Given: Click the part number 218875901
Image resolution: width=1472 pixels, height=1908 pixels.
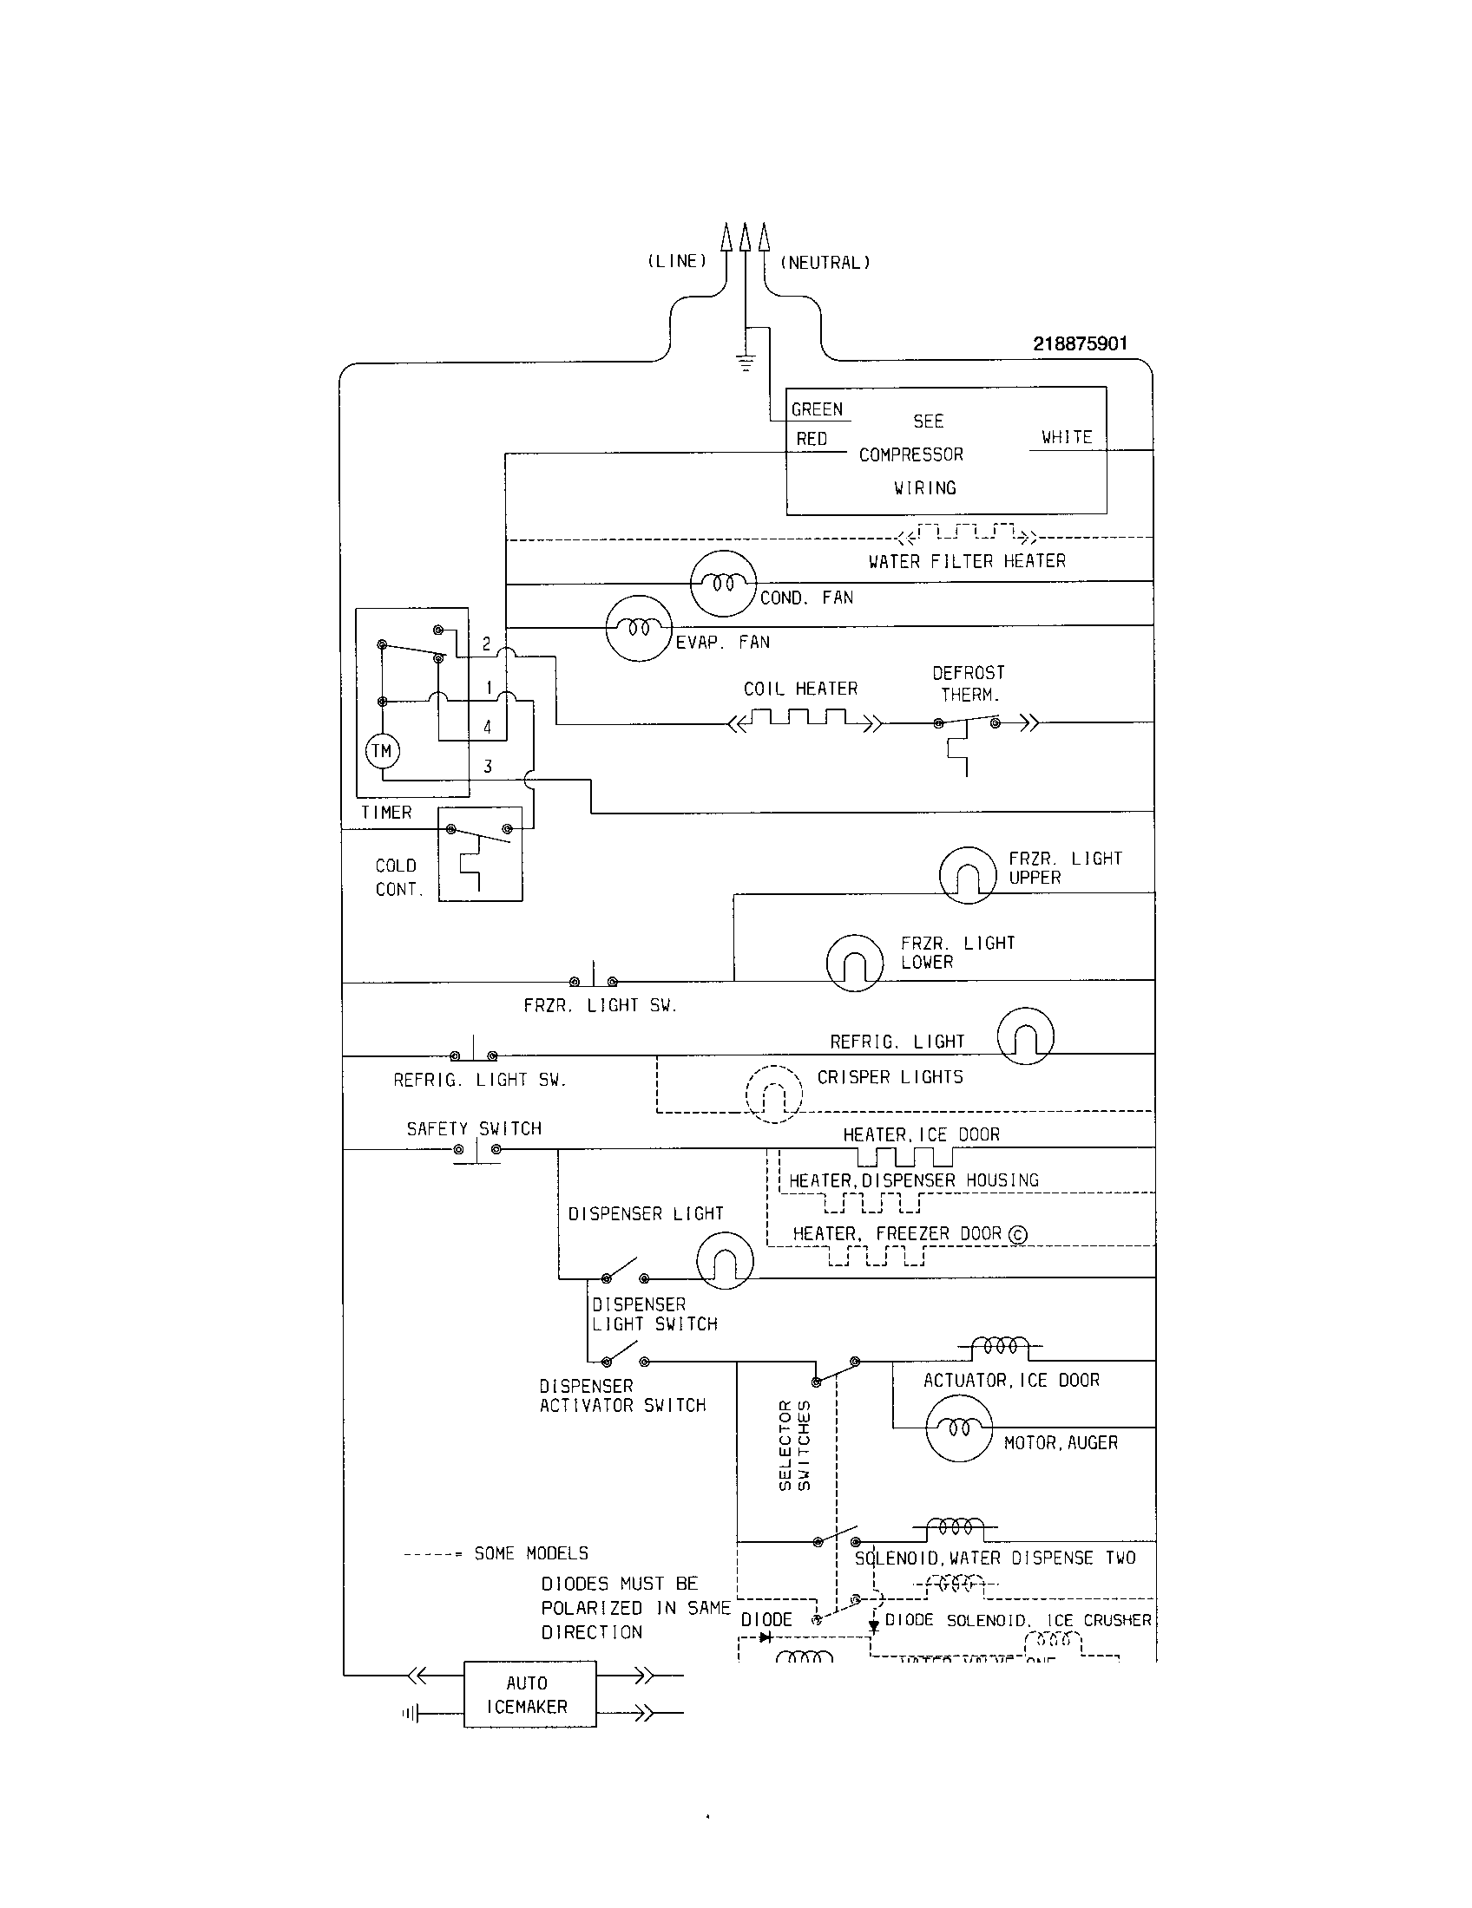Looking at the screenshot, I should (1080, 343).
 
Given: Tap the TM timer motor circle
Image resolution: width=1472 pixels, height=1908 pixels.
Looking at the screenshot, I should (382, 750).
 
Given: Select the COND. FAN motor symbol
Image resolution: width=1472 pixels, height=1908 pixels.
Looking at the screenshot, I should (723, 583).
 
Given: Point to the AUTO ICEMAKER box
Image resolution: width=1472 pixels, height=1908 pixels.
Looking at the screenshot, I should (529, 1694).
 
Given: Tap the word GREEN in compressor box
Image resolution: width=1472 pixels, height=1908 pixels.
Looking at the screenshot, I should (817, 408).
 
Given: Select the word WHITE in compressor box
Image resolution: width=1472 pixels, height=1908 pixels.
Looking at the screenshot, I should (1067, 437).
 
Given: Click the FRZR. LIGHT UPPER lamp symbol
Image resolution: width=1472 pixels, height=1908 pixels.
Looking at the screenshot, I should (968, 874).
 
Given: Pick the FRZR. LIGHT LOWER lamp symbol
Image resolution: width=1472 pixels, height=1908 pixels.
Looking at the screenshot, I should (854, 962).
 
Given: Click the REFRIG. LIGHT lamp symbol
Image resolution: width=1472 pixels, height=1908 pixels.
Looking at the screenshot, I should (1025, 1036).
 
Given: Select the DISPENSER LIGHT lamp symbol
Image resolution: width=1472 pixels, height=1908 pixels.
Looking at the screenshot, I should (725, 1260).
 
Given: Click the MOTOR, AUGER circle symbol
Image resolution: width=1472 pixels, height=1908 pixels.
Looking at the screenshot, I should (959, 1428).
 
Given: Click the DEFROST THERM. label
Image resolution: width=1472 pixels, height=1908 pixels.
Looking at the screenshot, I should (969, 683).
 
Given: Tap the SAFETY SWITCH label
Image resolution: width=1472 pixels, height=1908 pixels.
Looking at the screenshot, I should (474, 1128).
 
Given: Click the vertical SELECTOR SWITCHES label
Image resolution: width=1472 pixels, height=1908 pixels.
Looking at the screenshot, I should (794, 1445).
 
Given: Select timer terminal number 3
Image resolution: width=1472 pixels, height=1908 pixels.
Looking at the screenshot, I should (488, 766).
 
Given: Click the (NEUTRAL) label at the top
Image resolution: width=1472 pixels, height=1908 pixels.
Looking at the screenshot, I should (825, 262).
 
